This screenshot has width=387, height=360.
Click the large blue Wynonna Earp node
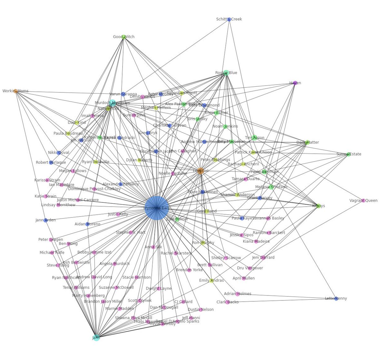click(x=157, y=208)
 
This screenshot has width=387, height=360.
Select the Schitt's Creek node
click(x=229, y=19)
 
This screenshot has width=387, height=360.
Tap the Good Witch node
click(x=124, y=37)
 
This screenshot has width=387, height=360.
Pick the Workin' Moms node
click(x=15, y=91)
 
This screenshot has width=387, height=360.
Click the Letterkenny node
click(x=336, y=298)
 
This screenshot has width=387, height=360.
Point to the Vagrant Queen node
click(x=363, y=200)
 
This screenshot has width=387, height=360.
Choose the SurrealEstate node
click(x=348, y=154)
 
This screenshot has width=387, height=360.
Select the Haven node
click(x=295, y=83)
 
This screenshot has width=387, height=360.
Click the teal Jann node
click(x=96, y=338)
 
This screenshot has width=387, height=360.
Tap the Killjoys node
click(x=319, y=206)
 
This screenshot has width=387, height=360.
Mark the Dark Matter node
click(x=307, y=142)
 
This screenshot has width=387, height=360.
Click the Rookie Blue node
click(x=226, y=73)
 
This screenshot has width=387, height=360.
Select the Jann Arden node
click(x=46, y=220)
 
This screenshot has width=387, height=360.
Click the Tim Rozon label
click(x=254, y=138)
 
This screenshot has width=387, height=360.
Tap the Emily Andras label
click(x=211, y=280)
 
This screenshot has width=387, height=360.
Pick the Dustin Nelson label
click(x=201, y=310)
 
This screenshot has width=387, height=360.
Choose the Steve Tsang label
click(x=58, y=266)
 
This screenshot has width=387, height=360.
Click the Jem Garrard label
click(x=263, y=258)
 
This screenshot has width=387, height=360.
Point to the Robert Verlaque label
click(x=51, y=163)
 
